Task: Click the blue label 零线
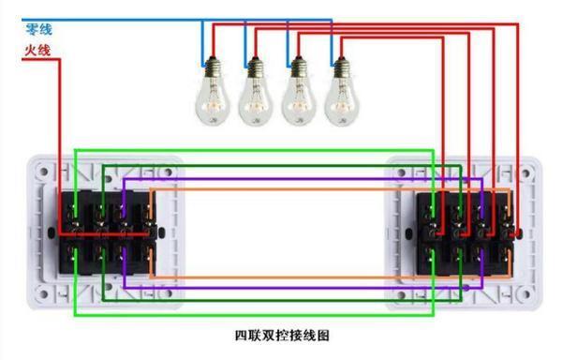click(x=36, y=29)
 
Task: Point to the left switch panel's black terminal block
click(x=106, y=232)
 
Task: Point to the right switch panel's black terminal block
click(x=467, y=232)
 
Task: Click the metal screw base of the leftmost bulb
click(x=211, y=67)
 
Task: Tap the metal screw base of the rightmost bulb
click(x=340, y=67)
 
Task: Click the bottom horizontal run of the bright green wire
click(x=253, y=314)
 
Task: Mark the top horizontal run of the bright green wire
click(x=253, y=150)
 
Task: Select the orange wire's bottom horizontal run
click(x=281, y=278)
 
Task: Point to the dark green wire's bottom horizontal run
click(x=281, y=301)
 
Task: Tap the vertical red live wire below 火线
click(x=62, y=141)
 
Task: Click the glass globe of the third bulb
click(x=299, y=98)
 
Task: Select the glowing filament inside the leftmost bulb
click(x=211, y=103)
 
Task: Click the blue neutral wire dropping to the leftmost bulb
click(x=201, y=42)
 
